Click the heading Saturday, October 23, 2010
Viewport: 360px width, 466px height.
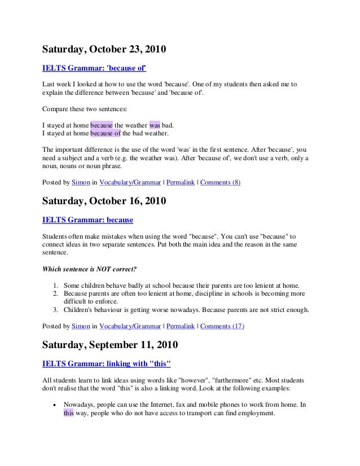[104, 50]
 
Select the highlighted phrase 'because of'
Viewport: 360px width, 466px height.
[106, 133]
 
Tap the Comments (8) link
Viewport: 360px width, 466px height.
[220, 183]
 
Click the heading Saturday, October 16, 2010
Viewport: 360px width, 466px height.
[104, 201]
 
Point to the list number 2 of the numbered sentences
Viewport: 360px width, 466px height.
[56, 294]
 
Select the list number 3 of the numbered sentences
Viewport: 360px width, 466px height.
[56, 310]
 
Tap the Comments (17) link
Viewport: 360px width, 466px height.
[222, 326]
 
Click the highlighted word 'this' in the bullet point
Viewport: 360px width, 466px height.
[68, 412]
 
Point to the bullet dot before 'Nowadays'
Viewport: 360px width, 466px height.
[53, 405]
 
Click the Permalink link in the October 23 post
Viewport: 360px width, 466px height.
[181, 183]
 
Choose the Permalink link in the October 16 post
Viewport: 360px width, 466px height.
[181, 326]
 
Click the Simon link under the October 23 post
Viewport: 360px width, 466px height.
[80, 183]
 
